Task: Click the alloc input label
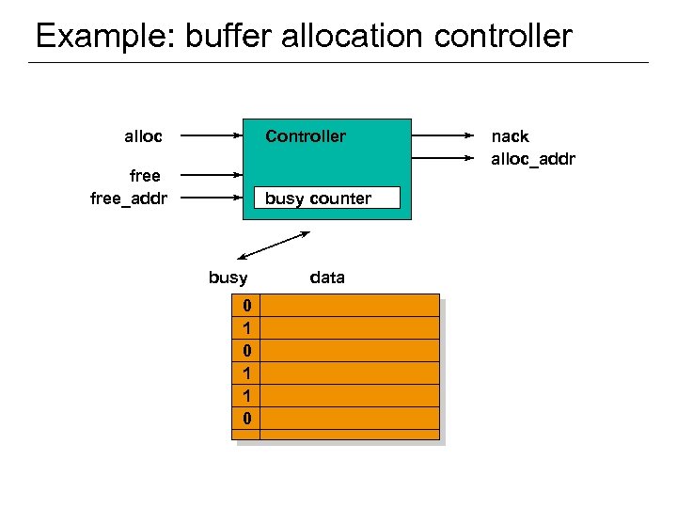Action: tap(143, 136)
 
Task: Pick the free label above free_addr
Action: tap(144, 176)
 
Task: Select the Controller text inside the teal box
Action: tap(305, 136)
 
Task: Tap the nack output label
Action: tap(510, 136)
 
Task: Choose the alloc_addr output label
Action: tap(532, 158)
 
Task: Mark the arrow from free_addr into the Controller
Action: tap(211, 198)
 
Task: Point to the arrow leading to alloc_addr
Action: tap(444, 158)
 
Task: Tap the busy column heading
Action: tap(228, 278)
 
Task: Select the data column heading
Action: tap(327, 278)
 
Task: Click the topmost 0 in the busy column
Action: tap(246, 306)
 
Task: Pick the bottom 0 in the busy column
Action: tap(246, 418)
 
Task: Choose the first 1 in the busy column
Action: tap(246, 328)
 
